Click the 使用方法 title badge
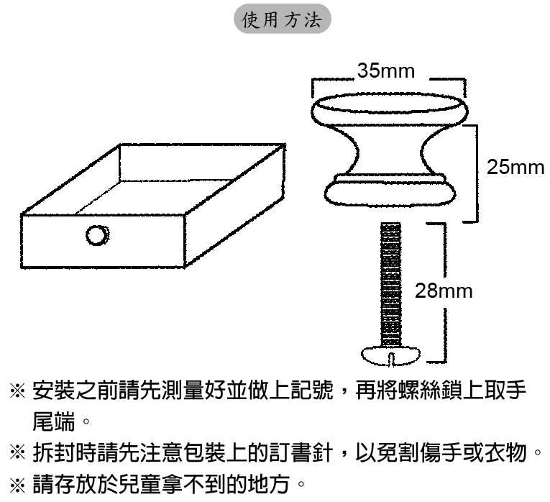point(283,19)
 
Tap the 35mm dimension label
point(386,70)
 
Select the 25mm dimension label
point(515,167)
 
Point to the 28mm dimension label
point(444,291)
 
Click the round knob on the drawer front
point(98,235)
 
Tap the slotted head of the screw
point(391,355)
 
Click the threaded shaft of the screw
point(390,284)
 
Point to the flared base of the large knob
point(390,191)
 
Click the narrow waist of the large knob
point(390,152)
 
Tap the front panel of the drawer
point(103,241)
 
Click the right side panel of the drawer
point(235,204)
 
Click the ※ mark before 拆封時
point(17,452)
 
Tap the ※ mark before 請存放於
point(17,485)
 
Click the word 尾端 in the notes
point(54,421)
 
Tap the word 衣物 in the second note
point(505,452)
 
